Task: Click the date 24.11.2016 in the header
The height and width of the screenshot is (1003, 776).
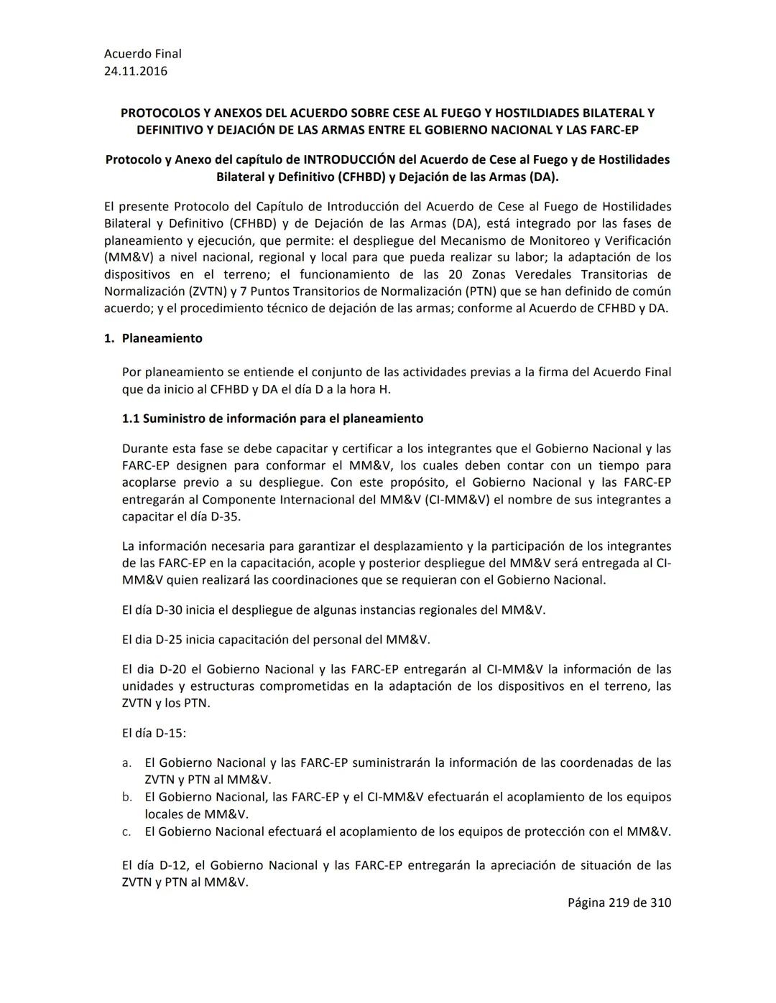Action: click(x=136, y=71)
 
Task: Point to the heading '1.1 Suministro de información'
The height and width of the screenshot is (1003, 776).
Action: click(x=272, y=418)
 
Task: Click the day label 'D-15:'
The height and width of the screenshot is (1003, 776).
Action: click(x=171, y=733)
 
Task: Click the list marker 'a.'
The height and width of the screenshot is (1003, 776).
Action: click(x=126, y=762)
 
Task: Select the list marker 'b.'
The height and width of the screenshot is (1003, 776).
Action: click(x=126, y=797)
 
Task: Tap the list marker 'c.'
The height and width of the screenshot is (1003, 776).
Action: click(x=126, y=831)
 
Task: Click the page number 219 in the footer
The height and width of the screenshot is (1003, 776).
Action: click(x=618, y=902)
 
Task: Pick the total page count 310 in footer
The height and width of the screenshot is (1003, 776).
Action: click(x=660, y=902)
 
